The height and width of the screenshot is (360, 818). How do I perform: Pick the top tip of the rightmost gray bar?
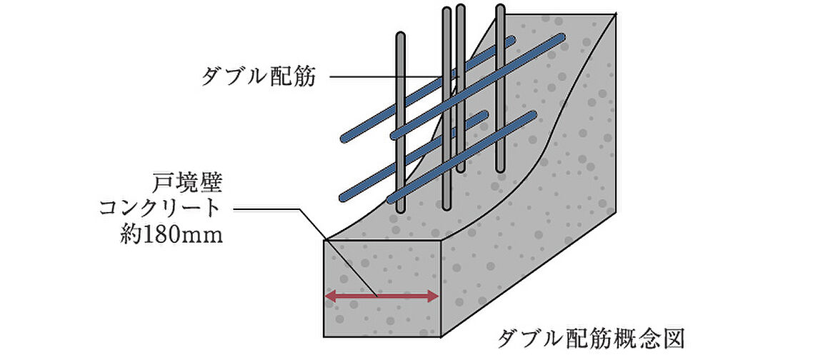pyautogui.click(x=500, y=8)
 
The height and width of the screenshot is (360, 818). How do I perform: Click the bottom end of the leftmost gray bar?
pyautogui.click(x=401, y=209)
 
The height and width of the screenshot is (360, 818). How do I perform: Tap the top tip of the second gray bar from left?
pyautogui.click(x=447, y=11)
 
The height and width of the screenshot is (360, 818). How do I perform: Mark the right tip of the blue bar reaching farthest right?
pyautogui.click(x=563, y=36)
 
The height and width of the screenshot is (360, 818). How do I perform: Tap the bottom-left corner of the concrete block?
pyautogui.click(x=326, y=335)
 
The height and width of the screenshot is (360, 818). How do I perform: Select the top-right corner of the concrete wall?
pyautogui.click(x=614, y=14)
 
